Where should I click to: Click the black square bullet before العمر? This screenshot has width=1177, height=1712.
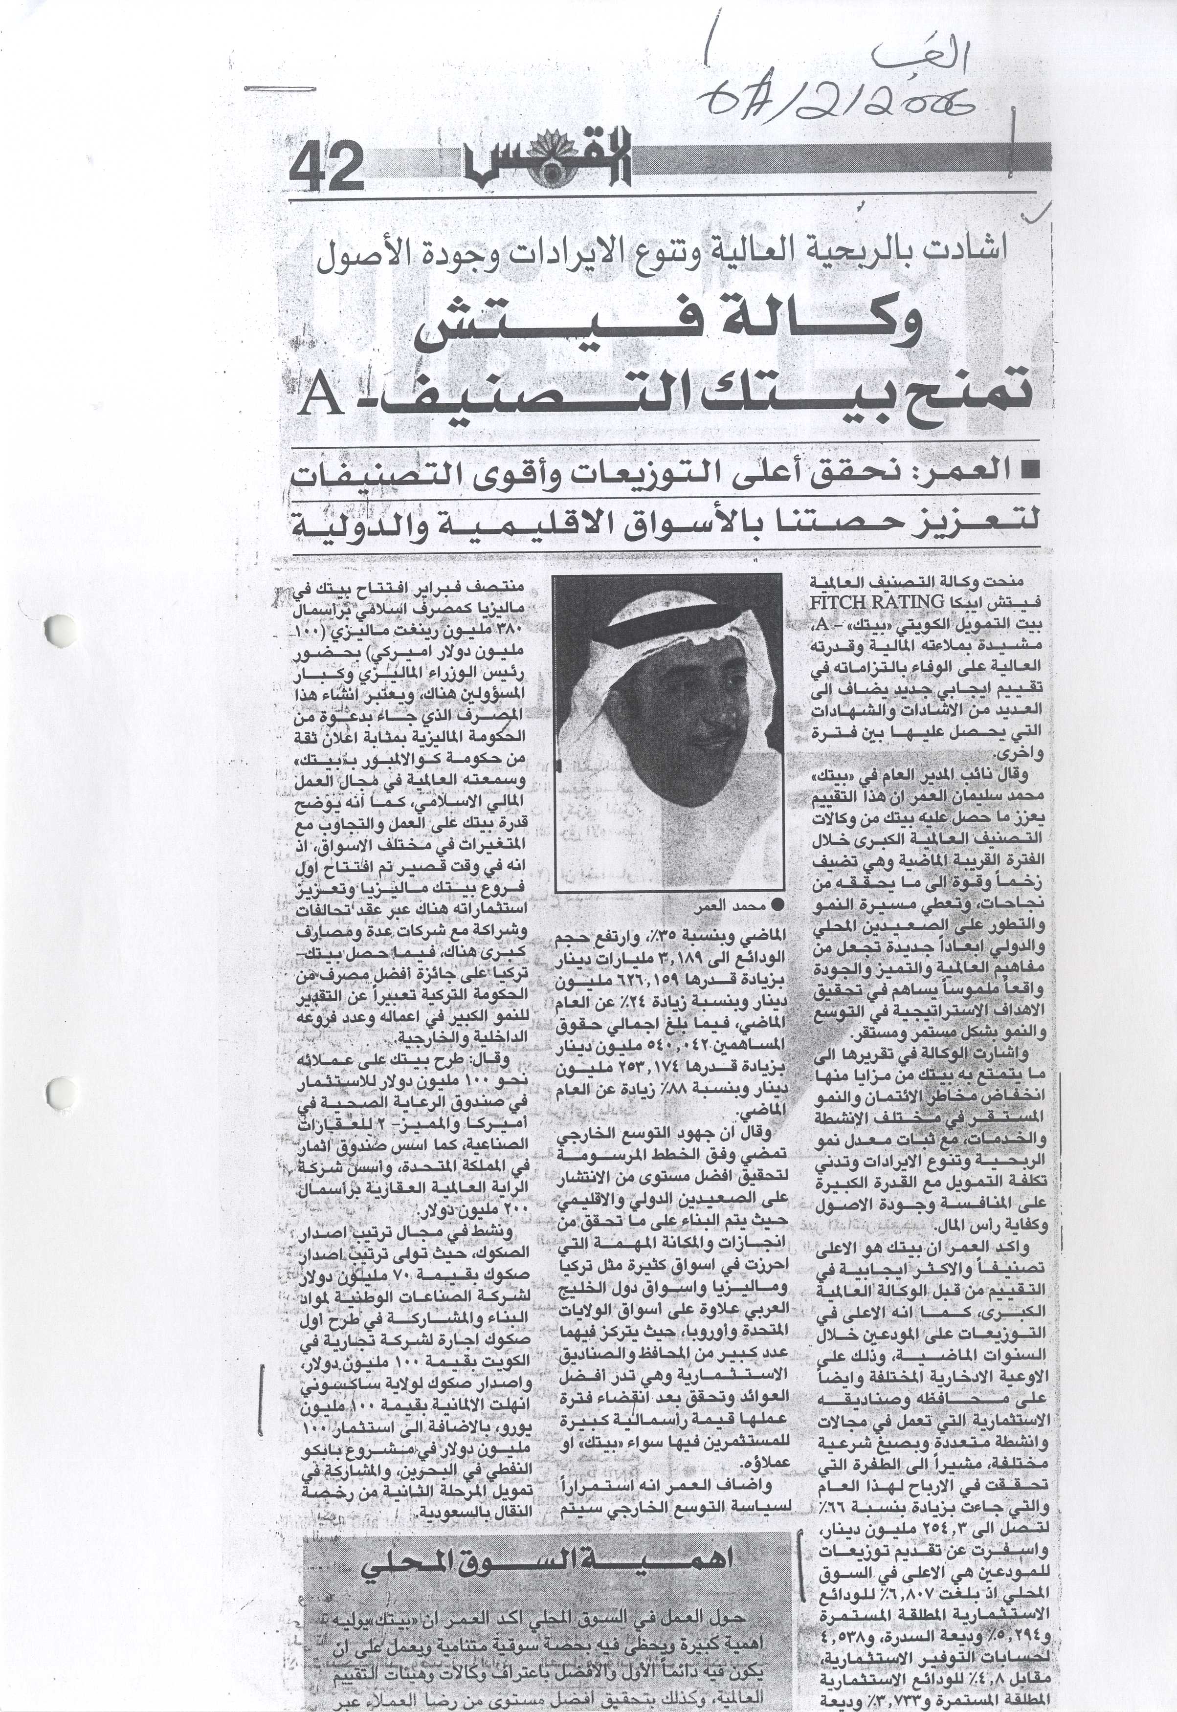tap(1030, 469)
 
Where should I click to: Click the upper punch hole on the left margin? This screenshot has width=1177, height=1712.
tap(55, 630)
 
